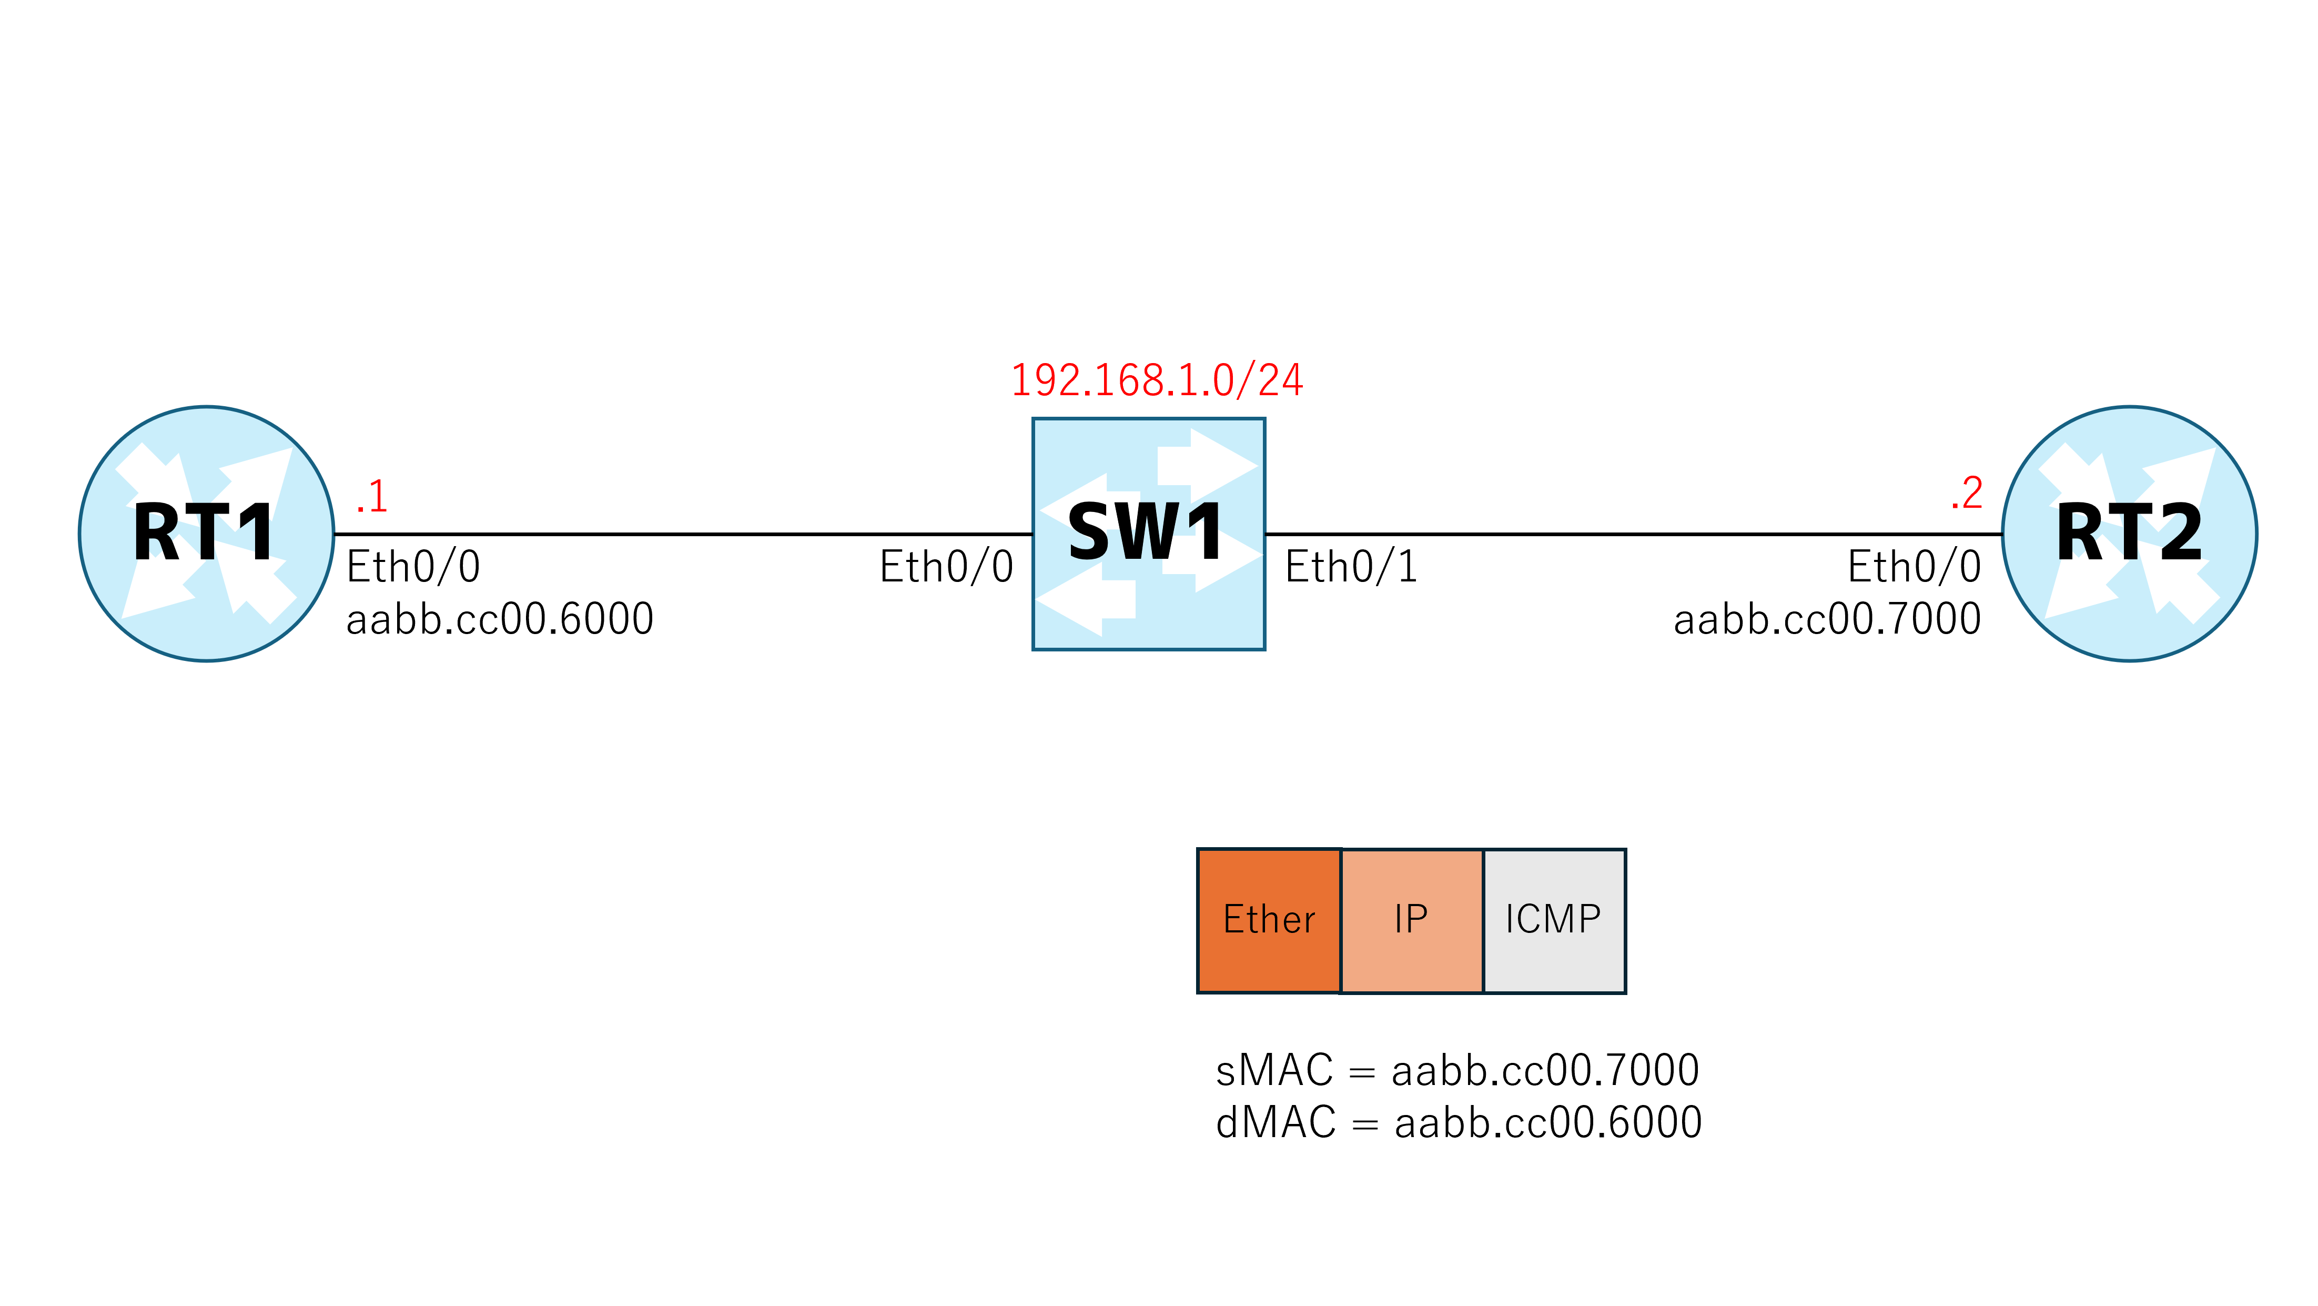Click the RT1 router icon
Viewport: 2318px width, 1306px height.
coord(206,534)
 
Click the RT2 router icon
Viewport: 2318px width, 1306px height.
coord(2129,534)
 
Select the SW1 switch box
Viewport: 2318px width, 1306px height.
coord(1148,534)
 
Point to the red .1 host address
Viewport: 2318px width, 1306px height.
coord(372,496)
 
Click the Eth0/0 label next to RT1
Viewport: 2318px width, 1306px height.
coord(413,567)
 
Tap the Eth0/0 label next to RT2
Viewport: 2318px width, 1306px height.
coord(1914,567)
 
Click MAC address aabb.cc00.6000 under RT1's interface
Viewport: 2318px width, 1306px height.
coord(499,619)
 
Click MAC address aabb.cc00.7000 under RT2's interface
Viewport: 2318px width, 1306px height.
coord(1828,619)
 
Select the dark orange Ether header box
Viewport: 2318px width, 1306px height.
coord(1269,921)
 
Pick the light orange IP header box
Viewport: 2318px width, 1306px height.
coord(1412,921)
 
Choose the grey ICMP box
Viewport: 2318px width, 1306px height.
coord(1555,921)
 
